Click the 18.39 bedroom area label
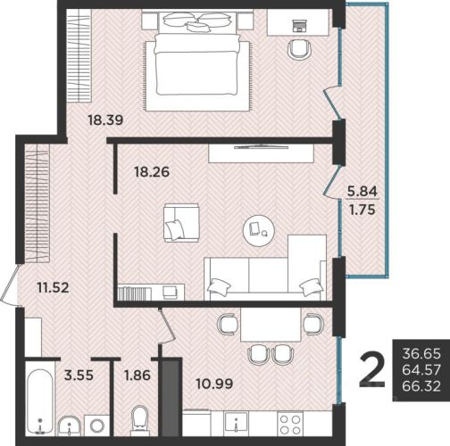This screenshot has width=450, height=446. click(105, 120)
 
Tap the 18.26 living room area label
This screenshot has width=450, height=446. click(152, 172)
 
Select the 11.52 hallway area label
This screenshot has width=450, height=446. click(53, 287)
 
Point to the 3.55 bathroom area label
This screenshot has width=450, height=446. click(79, 375)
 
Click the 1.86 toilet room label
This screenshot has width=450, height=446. click(137, 375)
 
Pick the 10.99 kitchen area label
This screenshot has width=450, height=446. click(214, 384)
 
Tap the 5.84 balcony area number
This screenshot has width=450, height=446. click(362, 191)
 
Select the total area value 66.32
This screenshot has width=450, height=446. click(421, 386)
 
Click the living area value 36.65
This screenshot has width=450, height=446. click(421, 354)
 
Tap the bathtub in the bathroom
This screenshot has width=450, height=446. click(40, 402)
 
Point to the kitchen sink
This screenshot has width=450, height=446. click(236, 421)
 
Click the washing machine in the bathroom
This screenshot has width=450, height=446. click(97, 425)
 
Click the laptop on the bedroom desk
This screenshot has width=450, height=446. click(299, 26)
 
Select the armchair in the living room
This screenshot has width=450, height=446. click(181, 223)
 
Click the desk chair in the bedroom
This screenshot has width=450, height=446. click(300, 50)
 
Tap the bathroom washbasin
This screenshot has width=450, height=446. click(69, 426)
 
